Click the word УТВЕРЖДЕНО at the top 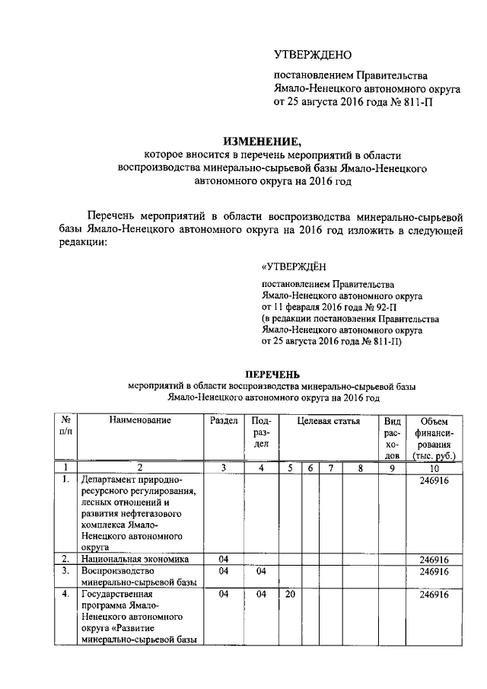click(x=314, y=56)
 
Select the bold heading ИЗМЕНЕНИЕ click(x=262, y=141)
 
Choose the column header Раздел click(x=224, y=420)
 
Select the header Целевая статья click(x=328, y=420)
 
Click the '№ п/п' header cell click(x=66, y=426)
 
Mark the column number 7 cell click(x=330, y=468)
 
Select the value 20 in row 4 click(x=290, y=595)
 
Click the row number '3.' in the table click(x=66, y=570)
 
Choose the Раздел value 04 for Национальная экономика click(x=224, y=559)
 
